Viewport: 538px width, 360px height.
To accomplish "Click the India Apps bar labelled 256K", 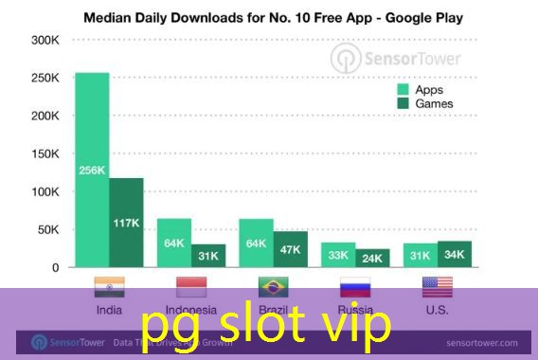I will pyautogui.click(x=92, y=171).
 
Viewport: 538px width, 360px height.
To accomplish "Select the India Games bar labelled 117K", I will pyautogui.click(x=126, y=223).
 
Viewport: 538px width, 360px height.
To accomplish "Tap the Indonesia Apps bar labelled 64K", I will pyautogui.click(x=174, y=243).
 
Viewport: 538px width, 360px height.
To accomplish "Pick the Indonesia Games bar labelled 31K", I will pyautogui.click(x=208, y=256).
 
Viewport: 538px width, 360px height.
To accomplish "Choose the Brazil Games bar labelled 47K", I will pyautogui.click(x=290, y=249).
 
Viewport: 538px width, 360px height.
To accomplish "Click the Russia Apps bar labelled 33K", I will pyautogui.click(x=338, y=255).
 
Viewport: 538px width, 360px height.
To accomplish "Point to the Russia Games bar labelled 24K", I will pyautogui.click(x=372, y=258).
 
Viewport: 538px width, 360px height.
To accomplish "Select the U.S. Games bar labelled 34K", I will pyautogui.click(x=454, y=254).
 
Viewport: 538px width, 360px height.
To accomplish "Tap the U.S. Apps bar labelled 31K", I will pyautogui.click(x=420, y=256).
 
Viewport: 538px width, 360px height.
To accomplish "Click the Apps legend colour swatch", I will pyautogui.click(x=402, y=89).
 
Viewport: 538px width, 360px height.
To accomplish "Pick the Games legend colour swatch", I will pyautogui.click(x=402, y=103).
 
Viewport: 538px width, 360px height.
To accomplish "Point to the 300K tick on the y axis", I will pyautogui.click(x=45, y=40).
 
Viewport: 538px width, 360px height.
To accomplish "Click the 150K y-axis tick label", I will pyautogui.click(x=45, y=153).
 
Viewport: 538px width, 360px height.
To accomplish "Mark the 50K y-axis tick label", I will pyautogui.click(x=48, y=229).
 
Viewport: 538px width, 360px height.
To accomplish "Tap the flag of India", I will pyautogui.click(x=109, y=287).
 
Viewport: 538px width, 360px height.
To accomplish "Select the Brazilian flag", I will pyautogui.click(x=273, y=287).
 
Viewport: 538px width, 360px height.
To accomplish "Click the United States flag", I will pyautogui.click(x=437, y=287).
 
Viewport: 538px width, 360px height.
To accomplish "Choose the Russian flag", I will pyautogui.click(x=355, y=287).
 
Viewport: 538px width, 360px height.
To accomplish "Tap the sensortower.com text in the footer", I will pyautogui.click(x=483, y=342).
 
